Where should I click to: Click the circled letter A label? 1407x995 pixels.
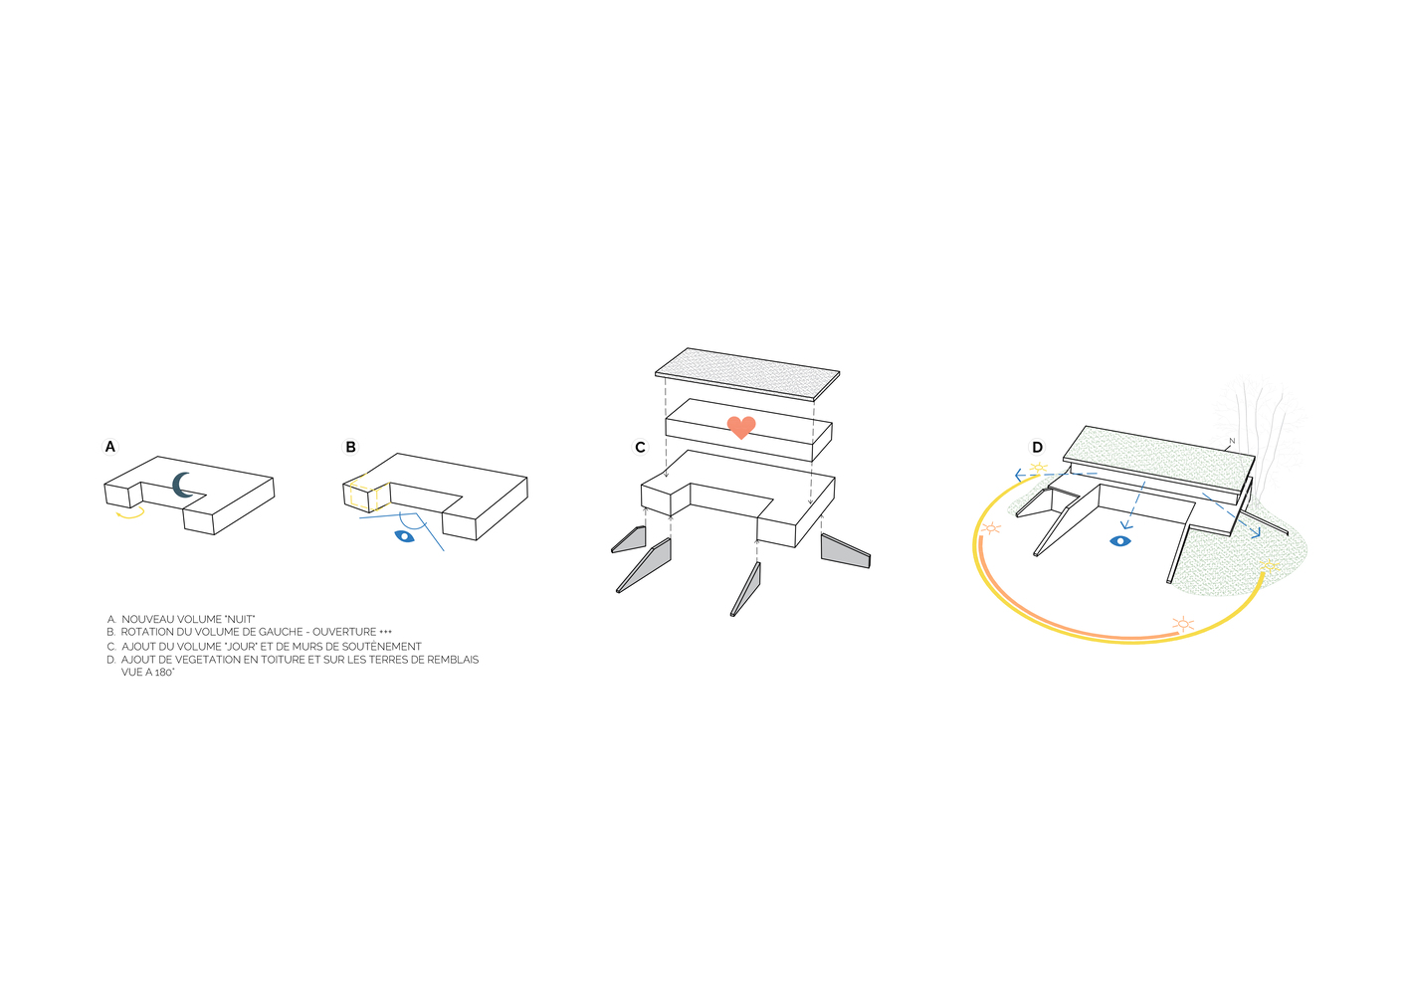(110, 447)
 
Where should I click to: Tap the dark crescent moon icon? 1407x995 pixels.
(183, 485)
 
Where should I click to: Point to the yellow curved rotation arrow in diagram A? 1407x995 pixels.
(130, 513)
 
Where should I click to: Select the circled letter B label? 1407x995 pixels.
(350, 447)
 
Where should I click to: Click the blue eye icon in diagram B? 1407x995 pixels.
(404, 536)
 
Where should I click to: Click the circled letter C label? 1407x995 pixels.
(641, 448)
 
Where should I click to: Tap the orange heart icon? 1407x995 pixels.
(741, 427)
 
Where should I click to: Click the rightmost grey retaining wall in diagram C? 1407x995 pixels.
(845, 550)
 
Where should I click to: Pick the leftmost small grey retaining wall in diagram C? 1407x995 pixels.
(629, 540)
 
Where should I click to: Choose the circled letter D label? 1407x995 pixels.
(1038, 448)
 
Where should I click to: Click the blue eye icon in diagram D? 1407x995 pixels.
(1120, 541)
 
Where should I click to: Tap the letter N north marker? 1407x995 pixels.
(1232, 441)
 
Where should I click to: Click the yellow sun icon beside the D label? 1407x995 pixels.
(1039, 468)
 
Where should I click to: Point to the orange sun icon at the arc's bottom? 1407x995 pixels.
(1182, 624)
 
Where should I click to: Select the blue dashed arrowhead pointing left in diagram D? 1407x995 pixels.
(1020, 476)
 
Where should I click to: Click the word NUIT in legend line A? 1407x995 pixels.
(240, 619)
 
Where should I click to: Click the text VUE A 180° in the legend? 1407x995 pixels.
(148, 673)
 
